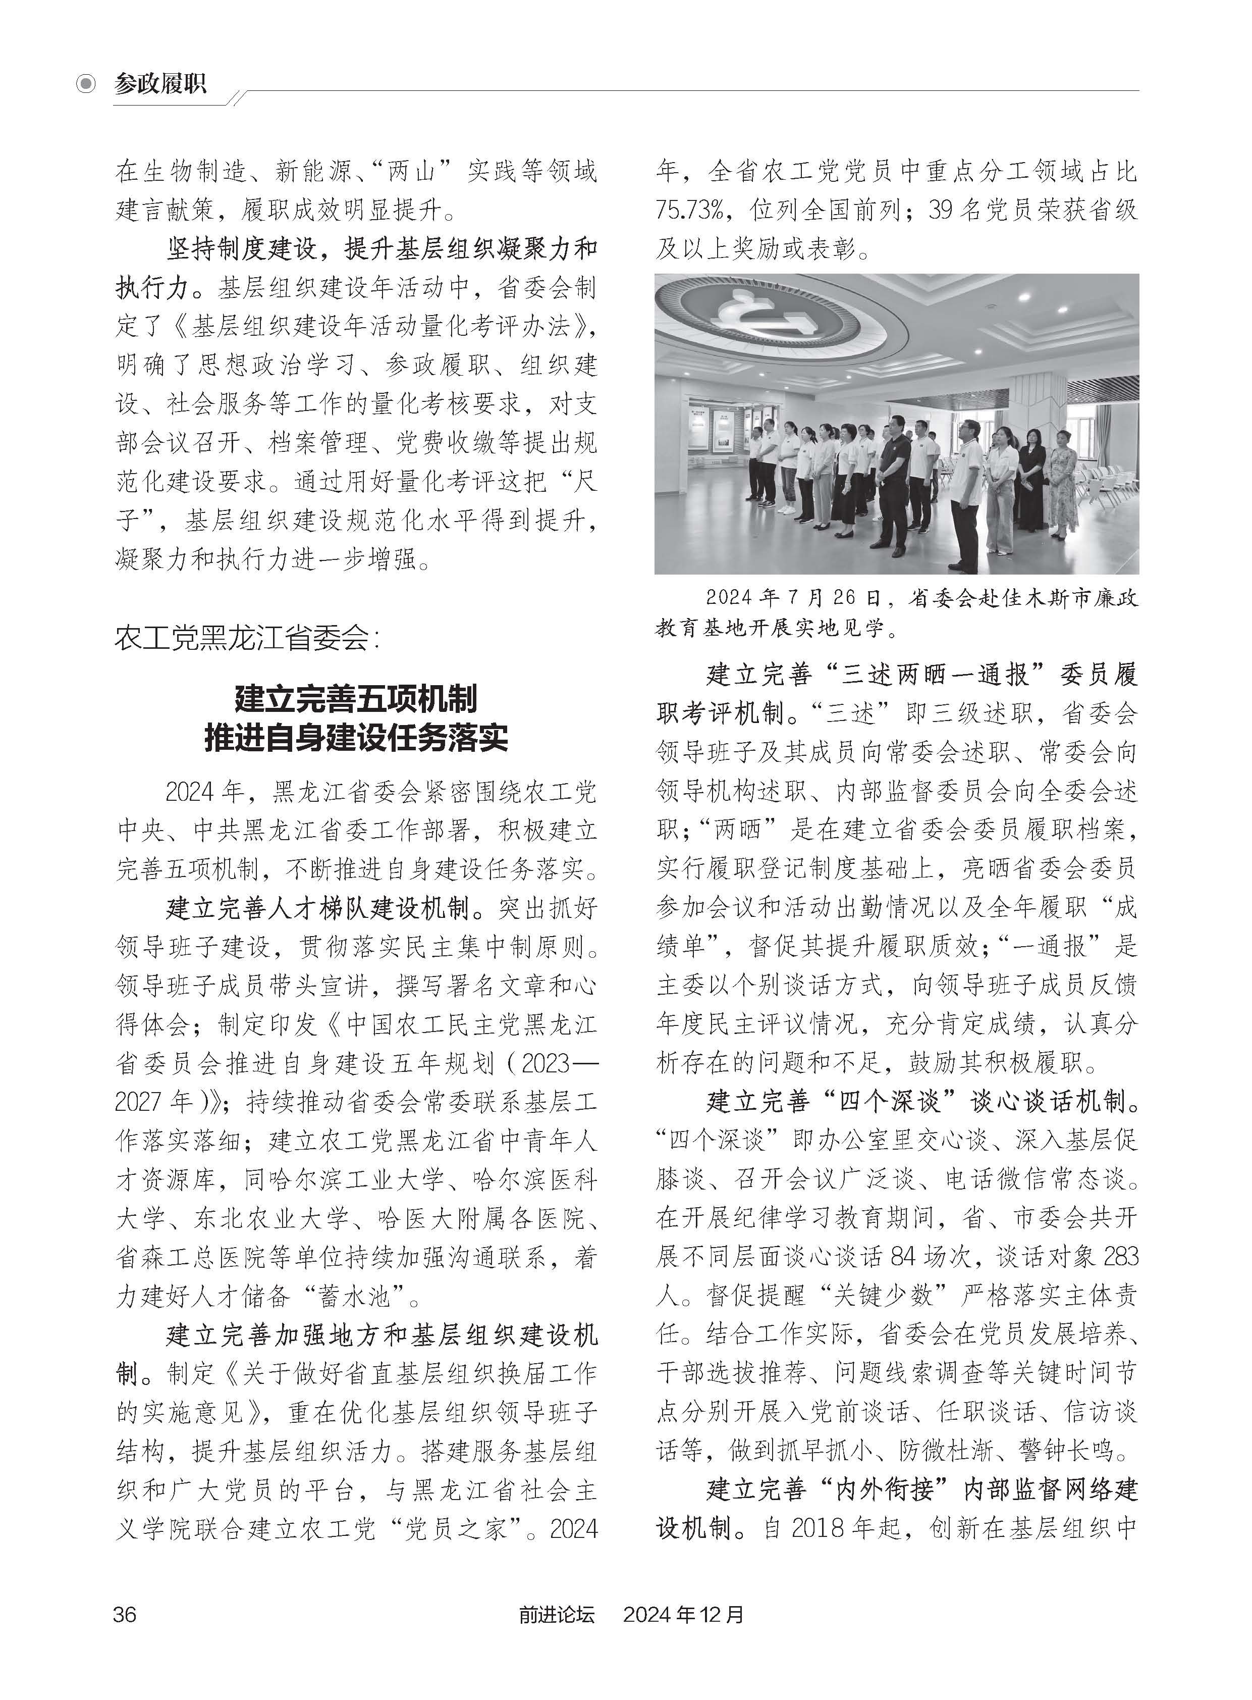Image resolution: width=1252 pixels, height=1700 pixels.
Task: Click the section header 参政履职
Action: (160, 83)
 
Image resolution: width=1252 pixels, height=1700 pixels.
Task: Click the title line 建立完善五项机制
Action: (356, 698)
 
